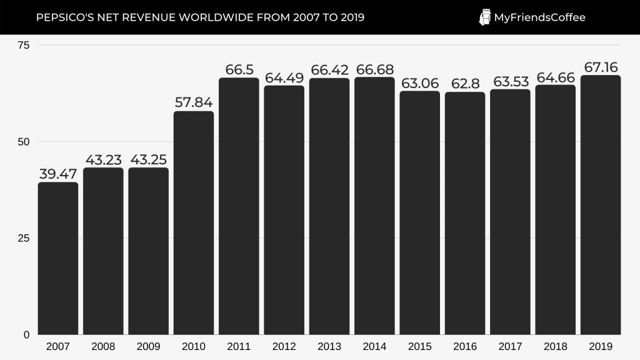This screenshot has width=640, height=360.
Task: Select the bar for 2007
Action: click(58, 258)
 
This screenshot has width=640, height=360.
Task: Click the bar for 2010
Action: click(194, 222)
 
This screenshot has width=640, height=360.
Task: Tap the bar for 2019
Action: click(601, 205)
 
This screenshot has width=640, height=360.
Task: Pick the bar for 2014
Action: click(374, 206)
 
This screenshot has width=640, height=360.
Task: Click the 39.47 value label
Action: click(58, 174)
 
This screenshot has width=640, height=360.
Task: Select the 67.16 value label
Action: click(601, 67)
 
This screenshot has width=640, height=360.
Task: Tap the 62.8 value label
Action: click(465, 84)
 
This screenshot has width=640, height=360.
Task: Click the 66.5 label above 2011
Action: click(239, 69)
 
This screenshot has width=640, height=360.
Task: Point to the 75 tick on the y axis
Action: click(24, 45)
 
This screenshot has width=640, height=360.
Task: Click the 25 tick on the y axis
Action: click(24, 238)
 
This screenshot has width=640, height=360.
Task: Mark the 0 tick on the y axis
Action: click(26, 335)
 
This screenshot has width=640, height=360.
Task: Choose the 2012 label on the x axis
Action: click(284, 346)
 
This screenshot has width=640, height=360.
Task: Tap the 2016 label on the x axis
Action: click(465, 346)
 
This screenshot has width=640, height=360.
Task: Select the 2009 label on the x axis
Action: click(148, 346)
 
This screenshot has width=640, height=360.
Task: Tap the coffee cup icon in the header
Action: click(484, 17)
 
